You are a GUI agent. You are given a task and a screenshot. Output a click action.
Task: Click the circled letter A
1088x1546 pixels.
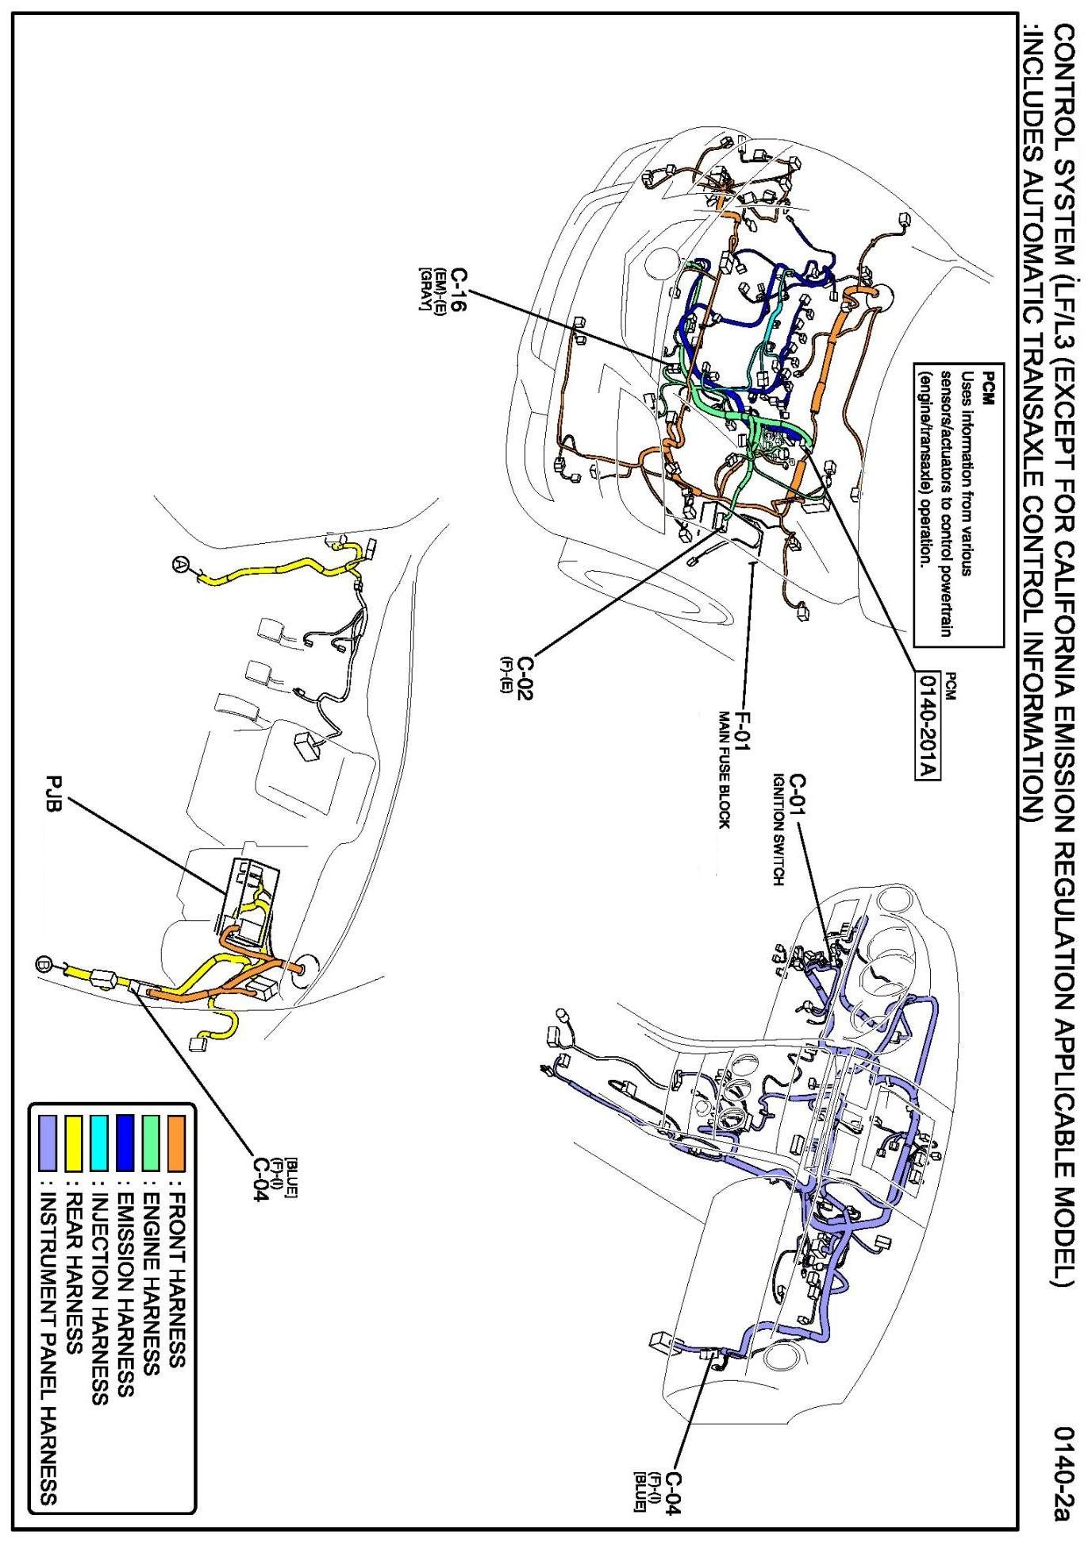coord(181,563)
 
